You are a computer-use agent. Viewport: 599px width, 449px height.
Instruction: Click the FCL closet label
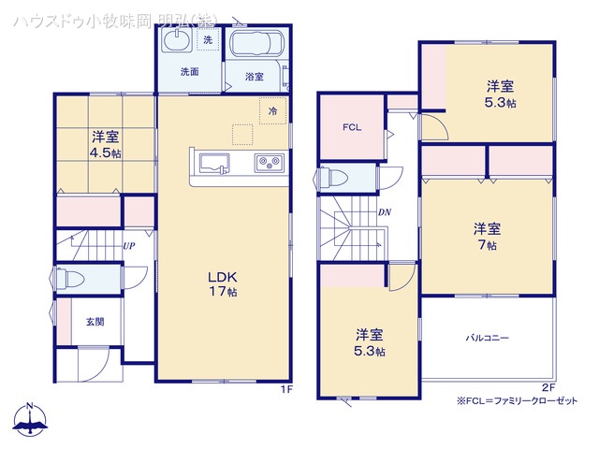tap(352, 127)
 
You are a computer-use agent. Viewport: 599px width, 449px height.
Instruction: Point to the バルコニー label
tap(487, 337)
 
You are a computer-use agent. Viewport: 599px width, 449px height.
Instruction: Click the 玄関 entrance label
tap(95, 322)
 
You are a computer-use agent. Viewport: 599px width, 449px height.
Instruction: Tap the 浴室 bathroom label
tap(254, 75)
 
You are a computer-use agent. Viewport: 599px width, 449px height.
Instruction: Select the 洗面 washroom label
tap(190, 71)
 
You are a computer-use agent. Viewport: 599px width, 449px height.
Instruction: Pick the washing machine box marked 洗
tap(207, 41)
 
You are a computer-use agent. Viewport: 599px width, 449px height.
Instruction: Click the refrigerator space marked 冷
tap(273, 110)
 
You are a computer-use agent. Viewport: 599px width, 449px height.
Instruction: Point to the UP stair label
tap(130, 247)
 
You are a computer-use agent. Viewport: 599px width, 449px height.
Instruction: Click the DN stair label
tap(384, 212)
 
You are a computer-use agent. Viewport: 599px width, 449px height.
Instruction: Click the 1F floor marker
tap(287, 389)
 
